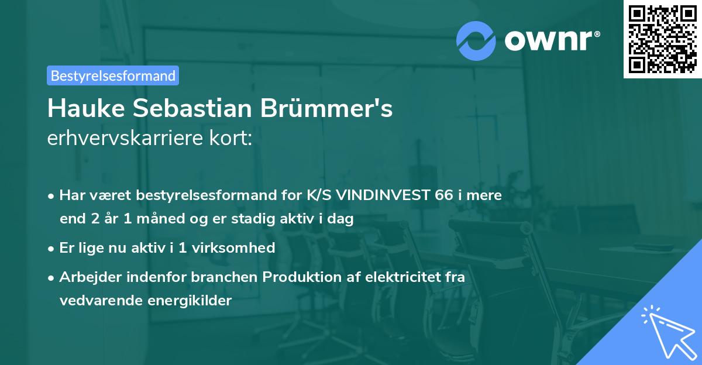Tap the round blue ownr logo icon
point(477,40)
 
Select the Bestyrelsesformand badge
point(113,75)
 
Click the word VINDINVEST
point(388,195)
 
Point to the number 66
point(444,195)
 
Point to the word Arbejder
point(85,277)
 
